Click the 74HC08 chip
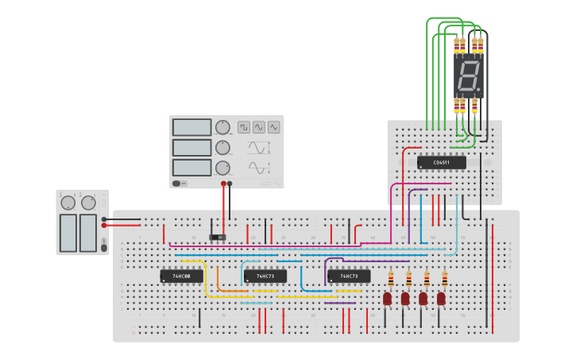pos(181,277)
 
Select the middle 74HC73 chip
pos(265,277)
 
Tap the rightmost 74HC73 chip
pos(349,277)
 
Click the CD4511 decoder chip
pos(441,162)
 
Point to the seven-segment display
pos(469,76)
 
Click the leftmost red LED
pos(388,298)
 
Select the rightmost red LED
pos(441,298)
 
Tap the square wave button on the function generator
pos(244,127)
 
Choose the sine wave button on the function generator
pos(259,127)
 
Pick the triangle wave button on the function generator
pos(273,127)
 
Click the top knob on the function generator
pos(223,127)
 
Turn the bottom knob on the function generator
pos(223,168)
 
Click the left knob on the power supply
pos(68,203)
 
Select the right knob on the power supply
pos(88,203)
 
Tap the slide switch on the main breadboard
pos(217,237)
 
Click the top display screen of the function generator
pos(192,127)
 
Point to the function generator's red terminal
pos(223,184)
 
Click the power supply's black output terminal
pos(104,219)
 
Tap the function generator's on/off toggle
pos(181,183)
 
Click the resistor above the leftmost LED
pos(391,279)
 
